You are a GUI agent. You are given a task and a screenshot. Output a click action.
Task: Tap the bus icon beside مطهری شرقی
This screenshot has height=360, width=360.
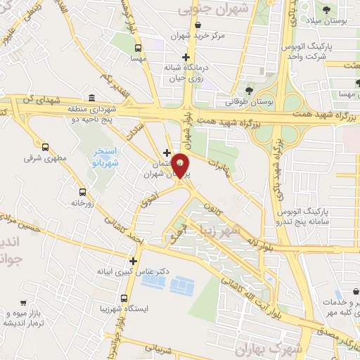click(46, 148)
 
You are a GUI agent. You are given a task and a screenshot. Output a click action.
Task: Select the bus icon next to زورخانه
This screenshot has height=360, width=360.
click(82, 192)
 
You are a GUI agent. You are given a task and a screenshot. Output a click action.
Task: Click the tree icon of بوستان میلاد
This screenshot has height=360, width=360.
click(326, 10)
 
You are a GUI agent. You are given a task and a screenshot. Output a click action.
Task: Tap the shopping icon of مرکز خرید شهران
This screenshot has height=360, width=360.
click(198, 25)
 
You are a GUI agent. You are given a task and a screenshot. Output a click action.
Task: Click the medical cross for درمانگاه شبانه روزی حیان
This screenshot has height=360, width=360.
click(186, 57)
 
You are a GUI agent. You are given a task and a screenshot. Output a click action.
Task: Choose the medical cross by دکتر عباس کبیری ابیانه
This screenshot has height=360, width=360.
click(133, 260)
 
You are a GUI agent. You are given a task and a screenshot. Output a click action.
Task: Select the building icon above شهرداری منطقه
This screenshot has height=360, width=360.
click(92, 98)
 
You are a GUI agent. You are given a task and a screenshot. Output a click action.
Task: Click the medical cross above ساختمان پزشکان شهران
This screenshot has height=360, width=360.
click(167, 153)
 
